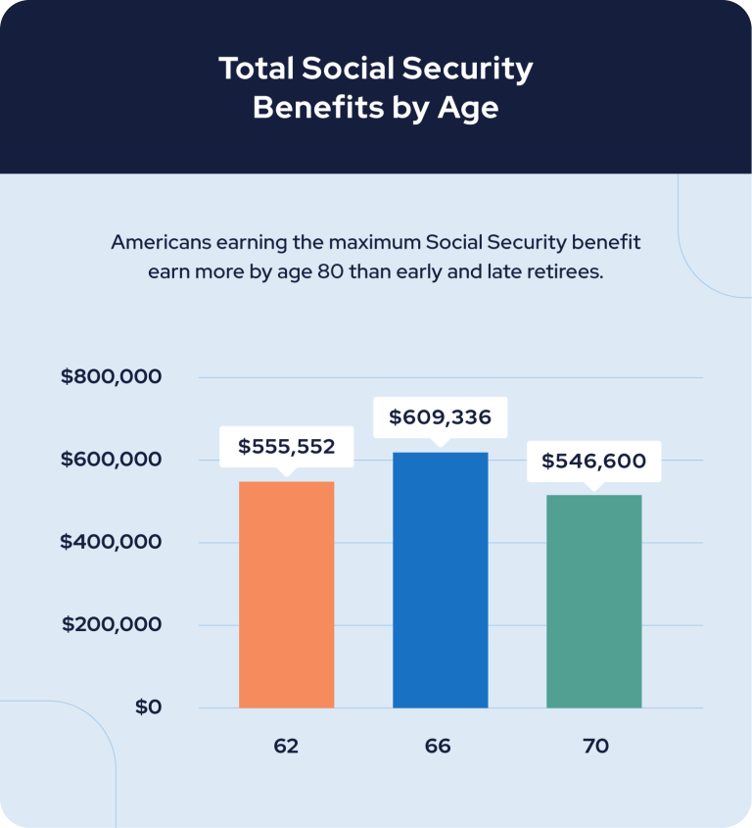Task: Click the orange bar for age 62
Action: [286, 594]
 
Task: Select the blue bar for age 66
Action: [440, 579]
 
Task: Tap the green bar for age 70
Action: [593, 601]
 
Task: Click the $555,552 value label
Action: [286, 447]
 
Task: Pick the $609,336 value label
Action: [440, 417]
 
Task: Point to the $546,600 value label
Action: [593, 461]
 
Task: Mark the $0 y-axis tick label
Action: [148, 706]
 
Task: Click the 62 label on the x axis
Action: [286, 746]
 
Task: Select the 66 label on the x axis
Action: [438, 746]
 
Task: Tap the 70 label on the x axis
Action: [595, 746]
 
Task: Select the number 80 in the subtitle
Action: [329, 270]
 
